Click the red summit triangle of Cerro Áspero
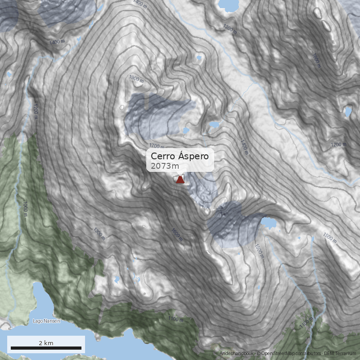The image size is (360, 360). click(180, 180)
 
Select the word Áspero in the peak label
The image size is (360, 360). click(193, 156)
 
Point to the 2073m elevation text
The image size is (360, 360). click(165, 166)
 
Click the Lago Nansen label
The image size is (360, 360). click(46, 321)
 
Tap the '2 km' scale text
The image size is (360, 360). click(46, 343)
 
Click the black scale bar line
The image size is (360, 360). click(46, 348)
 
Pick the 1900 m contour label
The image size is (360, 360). click(136, 79)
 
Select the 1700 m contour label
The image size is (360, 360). click(157, 146)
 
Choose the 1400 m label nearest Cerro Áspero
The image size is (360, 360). click(244, 147)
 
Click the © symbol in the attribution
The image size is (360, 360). click(258, 354)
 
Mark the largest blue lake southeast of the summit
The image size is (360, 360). click(269, 223)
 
